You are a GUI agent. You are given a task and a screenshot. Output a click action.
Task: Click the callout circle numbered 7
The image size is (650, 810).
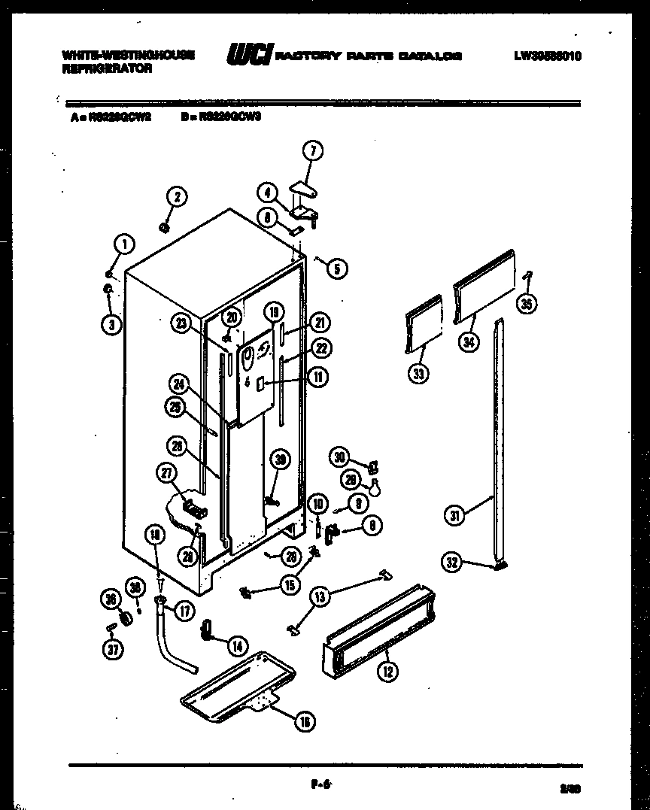point(313,150)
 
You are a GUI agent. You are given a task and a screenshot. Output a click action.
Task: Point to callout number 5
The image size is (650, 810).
point(337,267)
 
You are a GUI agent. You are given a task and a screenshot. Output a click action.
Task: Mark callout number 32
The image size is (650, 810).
point(451,562)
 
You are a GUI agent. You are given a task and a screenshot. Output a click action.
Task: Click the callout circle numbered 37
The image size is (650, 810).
point(111,651)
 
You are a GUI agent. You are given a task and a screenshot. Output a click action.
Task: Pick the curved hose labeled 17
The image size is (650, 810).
point(178,648)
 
